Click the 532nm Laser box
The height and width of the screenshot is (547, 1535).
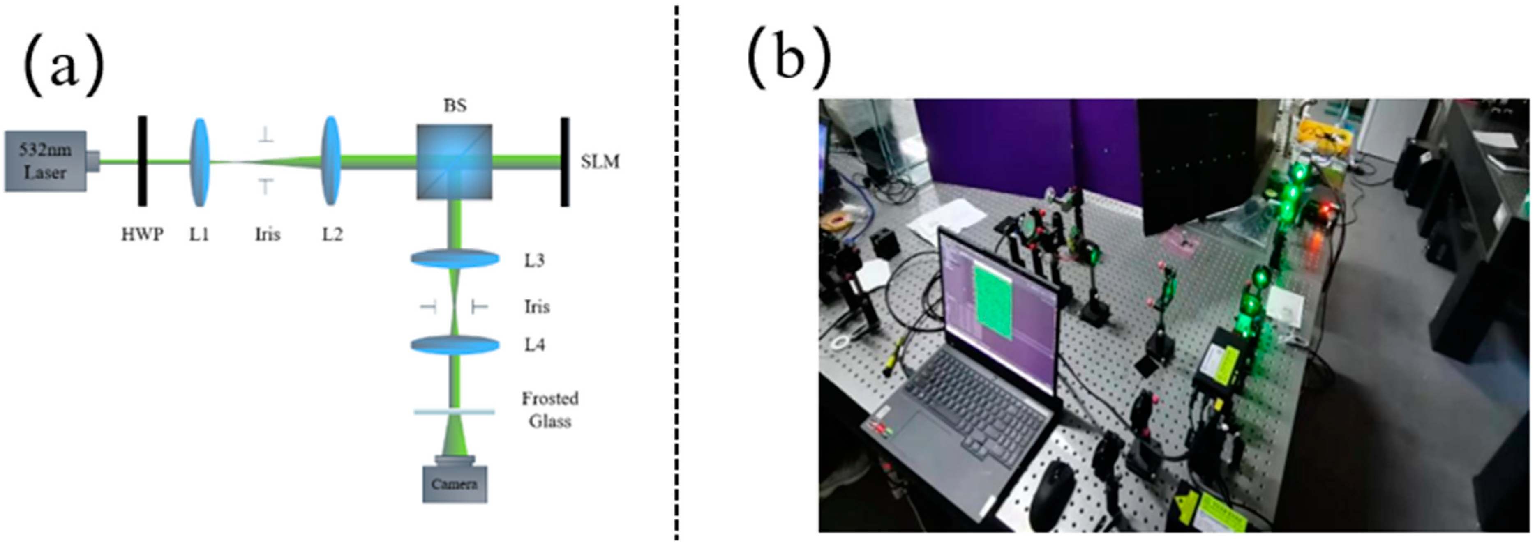coord(46,161)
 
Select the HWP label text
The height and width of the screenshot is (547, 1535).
coord(143,234)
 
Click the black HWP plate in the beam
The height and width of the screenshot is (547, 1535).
coord(143,161)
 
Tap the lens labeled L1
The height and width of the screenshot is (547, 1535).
coord(200,161)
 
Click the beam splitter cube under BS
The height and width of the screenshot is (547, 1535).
coord(454,161)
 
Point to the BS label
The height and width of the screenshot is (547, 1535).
coord(455,106)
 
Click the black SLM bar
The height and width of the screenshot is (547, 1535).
coord(564,161)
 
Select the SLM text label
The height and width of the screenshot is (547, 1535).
coord(600,161)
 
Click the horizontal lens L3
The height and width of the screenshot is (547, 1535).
coord(455,258)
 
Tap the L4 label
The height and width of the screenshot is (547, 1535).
coord(534,345)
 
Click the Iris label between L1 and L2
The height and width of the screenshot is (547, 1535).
coord(268,234)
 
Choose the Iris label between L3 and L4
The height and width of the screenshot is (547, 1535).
coord(536,307)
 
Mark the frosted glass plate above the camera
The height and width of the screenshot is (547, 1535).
coord(455,411)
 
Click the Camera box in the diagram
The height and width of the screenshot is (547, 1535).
coord(455,483)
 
